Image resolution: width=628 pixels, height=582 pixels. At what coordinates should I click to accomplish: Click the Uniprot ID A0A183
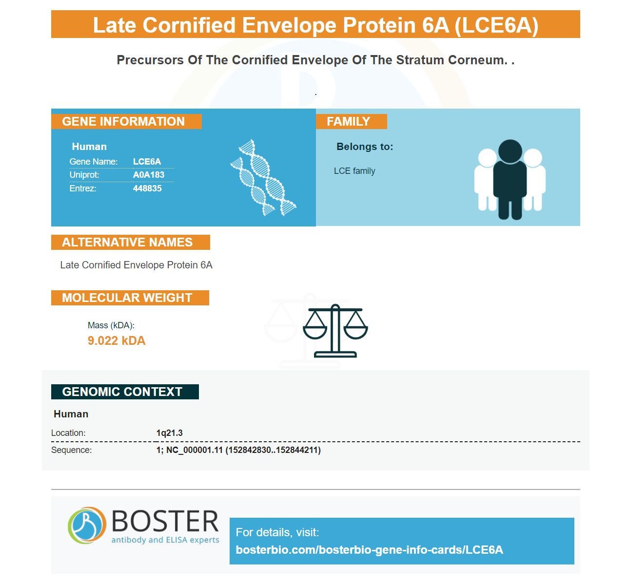[149, 175]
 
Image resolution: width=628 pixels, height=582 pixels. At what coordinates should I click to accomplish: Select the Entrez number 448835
[147, 188]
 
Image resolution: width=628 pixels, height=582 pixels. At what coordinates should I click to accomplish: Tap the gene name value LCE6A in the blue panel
[147, 162]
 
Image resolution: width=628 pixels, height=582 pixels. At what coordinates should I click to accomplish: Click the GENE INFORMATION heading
[123, 121]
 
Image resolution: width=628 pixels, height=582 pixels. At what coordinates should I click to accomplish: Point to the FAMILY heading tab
[352, 121]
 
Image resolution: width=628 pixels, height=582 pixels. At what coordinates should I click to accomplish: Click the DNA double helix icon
[263, 177]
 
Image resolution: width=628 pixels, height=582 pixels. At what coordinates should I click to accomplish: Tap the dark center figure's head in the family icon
[510, 151]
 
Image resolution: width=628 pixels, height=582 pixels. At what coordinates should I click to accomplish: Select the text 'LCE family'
[354, 171]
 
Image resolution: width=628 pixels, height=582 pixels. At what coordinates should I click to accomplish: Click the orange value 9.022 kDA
[117, 340]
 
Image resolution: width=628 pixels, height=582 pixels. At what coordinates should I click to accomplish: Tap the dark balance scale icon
[335, 331]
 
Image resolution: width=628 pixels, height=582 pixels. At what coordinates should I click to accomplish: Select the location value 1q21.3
[170, 433]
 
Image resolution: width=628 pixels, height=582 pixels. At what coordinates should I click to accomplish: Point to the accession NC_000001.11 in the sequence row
[195, 450]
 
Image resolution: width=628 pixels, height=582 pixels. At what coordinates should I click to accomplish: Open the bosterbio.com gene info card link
[369, 550]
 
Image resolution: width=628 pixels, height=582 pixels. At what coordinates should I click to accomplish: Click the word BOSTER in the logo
[165, 521]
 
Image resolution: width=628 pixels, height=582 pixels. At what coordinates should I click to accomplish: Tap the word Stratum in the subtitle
[420, 60]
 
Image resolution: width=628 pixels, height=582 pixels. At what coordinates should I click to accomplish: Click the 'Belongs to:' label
[365, 147]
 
